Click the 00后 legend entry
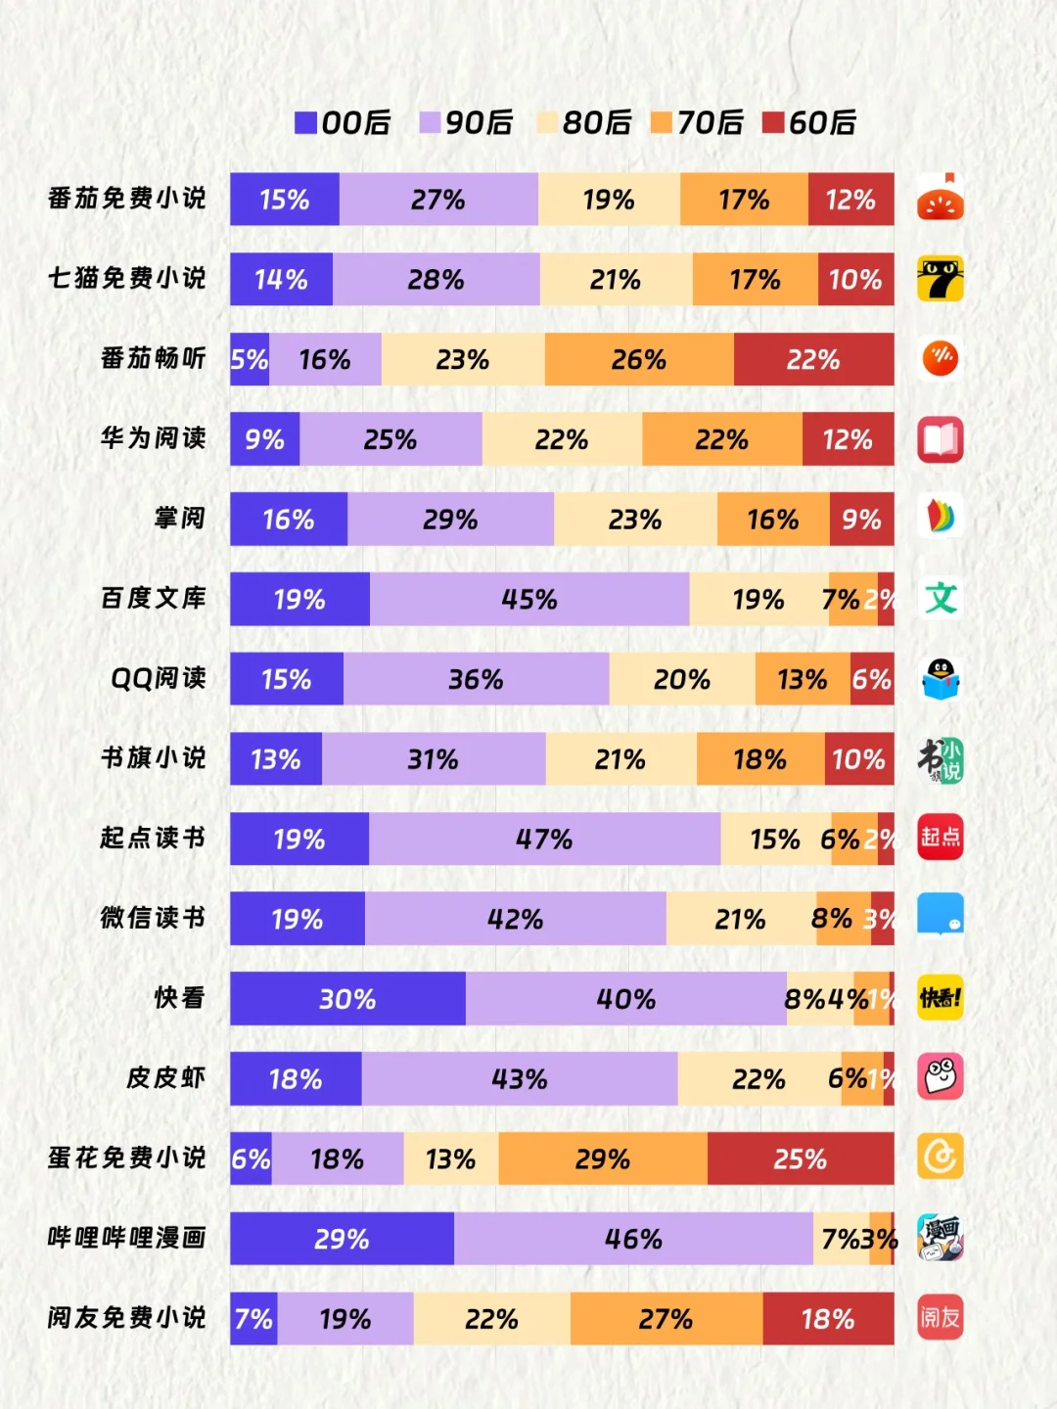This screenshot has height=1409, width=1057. click(343, 122)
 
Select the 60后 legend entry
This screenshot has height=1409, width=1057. click(809, 122)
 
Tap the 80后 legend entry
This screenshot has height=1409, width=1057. click(584, 122)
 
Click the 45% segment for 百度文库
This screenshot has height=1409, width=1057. click(529, 599)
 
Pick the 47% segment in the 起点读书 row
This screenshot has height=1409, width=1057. click(544, 839)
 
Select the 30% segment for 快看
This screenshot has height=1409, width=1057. click(347, 998)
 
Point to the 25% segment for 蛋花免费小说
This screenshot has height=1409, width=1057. click(801, 1159)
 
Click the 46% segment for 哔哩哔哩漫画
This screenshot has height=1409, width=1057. click(633, 1239)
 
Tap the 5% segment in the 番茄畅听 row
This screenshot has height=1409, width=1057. click(250, 359)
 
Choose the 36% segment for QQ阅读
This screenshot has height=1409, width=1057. click(476, 679)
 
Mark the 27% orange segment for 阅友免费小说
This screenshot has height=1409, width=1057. click(666, 1319)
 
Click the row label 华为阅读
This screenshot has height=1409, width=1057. click(154, 438)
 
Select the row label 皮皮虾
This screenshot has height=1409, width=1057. click(166, 1078)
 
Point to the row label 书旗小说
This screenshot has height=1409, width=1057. click(154, 758)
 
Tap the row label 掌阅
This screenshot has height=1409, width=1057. click(180, 518)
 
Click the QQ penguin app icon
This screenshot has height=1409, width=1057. click(941, 679)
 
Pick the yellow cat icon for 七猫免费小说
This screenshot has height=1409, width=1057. click(941, 279)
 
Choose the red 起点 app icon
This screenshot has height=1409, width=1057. click(941, 838)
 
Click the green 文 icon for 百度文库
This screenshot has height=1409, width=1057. click(941, 598)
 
